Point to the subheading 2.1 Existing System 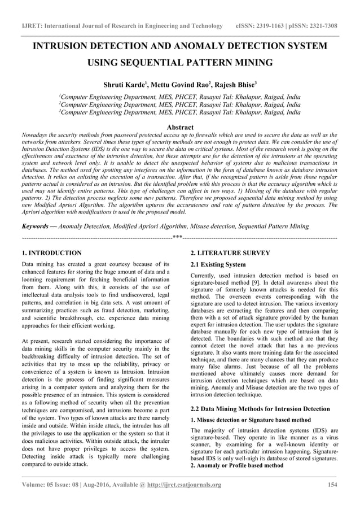[218, 264]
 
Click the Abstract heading [179, 127]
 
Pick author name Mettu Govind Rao [175, 85]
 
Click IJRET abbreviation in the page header [33, 26]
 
